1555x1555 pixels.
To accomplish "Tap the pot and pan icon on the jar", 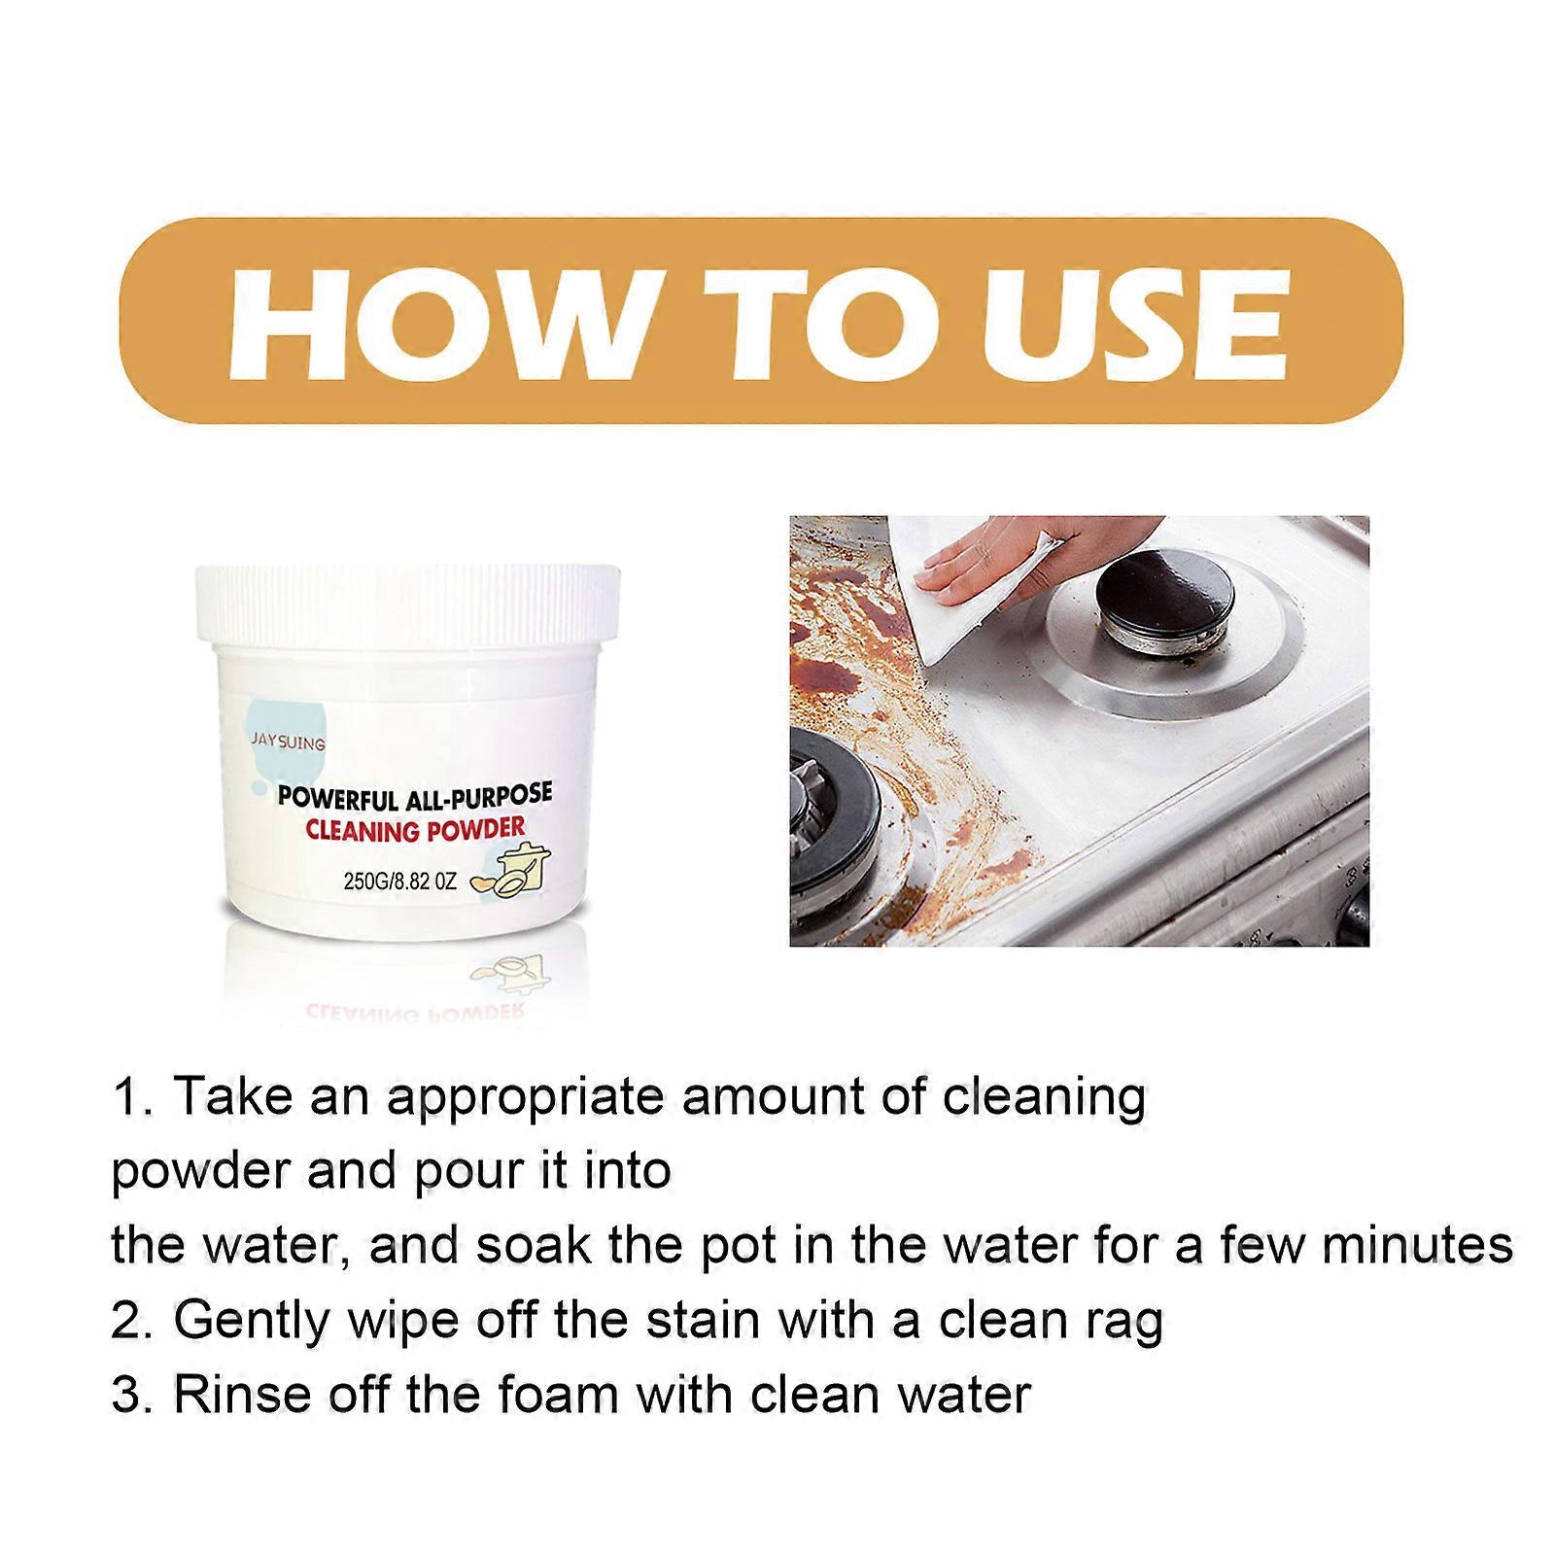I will click(511, 871).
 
